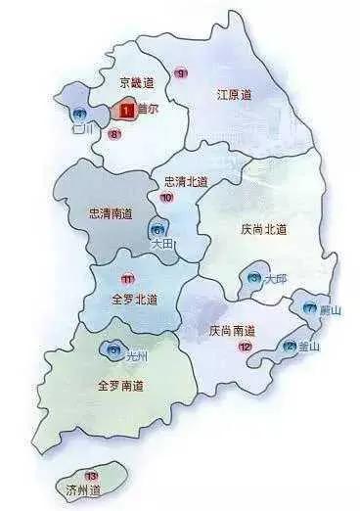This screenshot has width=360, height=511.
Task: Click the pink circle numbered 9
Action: pos(179,73)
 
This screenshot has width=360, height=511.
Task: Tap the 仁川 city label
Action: pos(82,128)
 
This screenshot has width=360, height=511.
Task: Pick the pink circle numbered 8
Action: pos(114,133)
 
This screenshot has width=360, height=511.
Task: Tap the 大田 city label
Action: pos(161,245)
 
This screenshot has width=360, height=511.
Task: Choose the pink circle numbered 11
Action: pos(126,279)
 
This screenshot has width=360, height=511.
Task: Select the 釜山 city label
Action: pos(309,346)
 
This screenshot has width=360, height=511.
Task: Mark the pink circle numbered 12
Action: pos(245,347)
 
